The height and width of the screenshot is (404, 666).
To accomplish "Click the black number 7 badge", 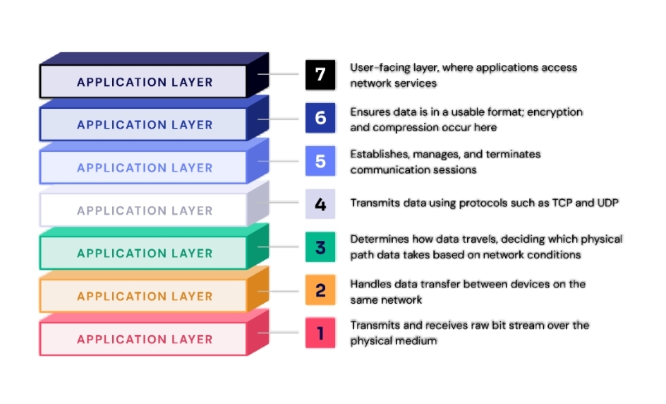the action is coord(320,75).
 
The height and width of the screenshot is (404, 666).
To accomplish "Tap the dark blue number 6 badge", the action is coord(320,118).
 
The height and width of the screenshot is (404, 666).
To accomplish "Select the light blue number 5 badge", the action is coord(320,161).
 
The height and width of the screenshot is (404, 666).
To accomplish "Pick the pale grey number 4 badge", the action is coord(320,204).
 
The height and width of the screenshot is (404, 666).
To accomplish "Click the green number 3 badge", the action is coord(320,247).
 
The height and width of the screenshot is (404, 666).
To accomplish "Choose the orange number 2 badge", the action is coord(320,290).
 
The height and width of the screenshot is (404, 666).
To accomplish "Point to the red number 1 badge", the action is coord(320,333).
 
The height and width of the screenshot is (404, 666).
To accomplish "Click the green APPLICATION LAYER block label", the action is coord(145,253).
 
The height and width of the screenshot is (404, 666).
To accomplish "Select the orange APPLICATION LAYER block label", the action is coord(145,296).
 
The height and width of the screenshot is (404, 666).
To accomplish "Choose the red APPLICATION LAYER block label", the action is coord(145,339).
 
